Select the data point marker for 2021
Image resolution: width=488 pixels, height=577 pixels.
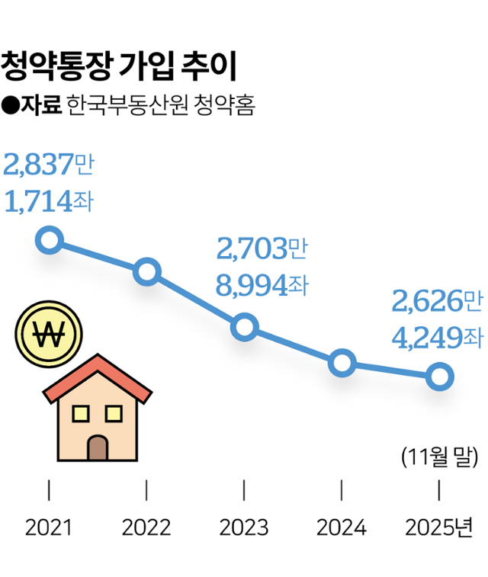pyautogui.click(x=50, y=240)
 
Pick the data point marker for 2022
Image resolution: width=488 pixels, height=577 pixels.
pyautogui.click(x=146, y=271)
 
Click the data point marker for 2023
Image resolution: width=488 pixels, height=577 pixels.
pyautogui.click(x=244, y=327)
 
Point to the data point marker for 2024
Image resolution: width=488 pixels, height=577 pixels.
pyautogui.click(x=342, y=363)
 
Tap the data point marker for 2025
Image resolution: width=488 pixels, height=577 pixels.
pyautogui.click(x=439, y=376)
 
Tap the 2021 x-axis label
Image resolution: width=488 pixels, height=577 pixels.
pyautogui.click(x=49, y=527)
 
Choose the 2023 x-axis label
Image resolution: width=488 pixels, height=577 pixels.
pyautogui.click(x=244, y=527)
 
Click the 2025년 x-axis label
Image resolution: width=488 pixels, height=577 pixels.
pyautogui.click(x=439, y=527)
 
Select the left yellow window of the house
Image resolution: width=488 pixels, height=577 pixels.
pyautogui.click(x=80, y=413)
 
